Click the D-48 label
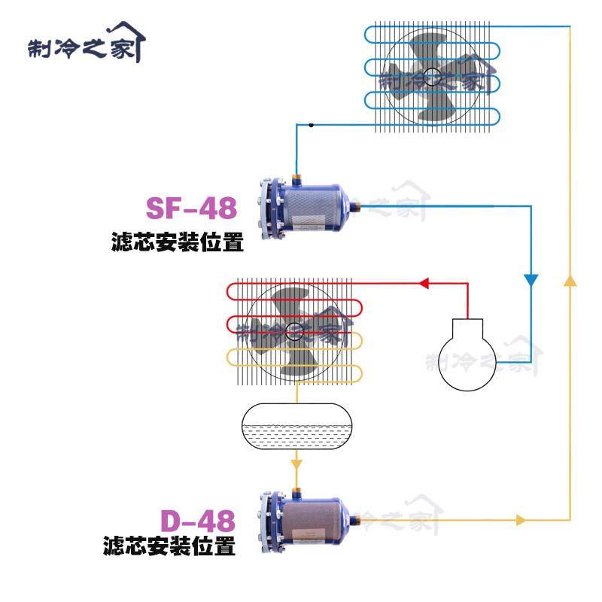(197, 521)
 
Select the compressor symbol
(468, 354)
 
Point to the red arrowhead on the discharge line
(424, 284)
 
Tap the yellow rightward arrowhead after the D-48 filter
(519, 519)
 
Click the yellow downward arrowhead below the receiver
(296, 458)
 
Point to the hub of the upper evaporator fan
(431, 75)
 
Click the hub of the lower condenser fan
(294, 330)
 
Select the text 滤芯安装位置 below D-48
(169, 546)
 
